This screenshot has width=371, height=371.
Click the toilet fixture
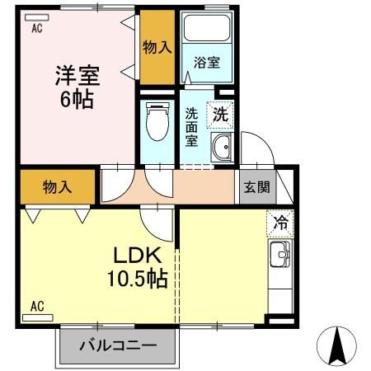click(x=157, y=121)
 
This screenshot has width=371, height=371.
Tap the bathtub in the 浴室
click(x=207, y=28)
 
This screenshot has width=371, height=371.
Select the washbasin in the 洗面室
click(x=222, y=148)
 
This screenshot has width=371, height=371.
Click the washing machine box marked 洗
click(x=220, y=115)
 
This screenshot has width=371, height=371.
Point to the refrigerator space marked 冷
click(x=280, y=223)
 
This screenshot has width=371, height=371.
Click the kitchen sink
click(x=280, y=254)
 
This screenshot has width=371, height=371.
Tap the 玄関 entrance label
click(x=256, y=187)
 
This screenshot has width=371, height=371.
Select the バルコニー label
click(x=118, y=345)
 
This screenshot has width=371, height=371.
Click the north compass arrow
click(x=337, y=345)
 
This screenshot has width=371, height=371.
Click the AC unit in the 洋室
click(x=37, y=17)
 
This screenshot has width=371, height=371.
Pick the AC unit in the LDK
click(x=37, y=317)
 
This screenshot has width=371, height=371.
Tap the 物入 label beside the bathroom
click(x=157, y=47)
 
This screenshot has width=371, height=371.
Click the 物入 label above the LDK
click(x=58, y=187)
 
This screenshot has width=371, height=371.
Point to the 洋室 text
click(x=77, y=75)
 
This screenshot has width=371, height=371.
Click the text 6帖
click(x=77, y=99)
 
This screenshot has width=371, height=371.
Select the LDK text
click(x=137, y=255)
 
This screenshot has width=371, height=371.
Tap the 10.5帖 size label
click(x=138, y=279)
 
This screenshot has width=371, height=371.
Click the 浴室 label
click(x=207, y=63)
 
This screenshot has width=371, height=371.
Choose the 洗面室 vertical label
click(x=191, y=127)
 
